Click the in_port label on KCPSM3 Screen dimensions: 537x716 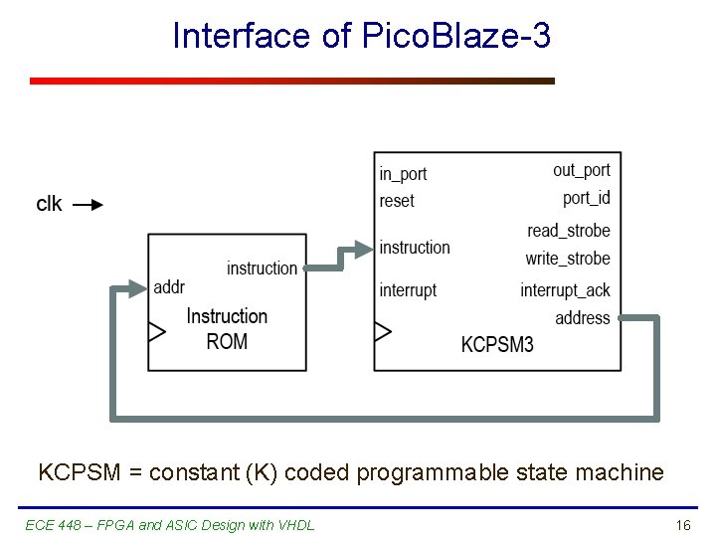[x=403, y=174]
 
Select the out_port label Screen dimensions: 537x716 [x=582, y=171]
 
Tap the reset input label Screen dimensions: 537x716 [x=397, y=201]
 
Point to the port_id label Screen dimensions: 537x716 [x=587, y=198]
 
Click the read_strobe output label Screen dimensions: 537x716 [x=569, y=231]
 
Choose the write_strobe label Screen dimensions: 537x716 [x=568, y=259]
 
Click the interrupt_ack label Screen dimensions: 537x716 [x=565, y=290]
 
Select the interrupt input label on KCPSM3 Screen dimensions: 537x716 [x=408, y=290]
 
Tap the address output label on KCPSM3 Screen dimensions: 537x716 [x=583, y=318]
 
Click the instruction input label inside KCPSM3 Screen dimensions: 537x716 [x=415, y=248]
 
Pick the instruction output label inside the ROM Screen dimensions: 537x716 [x=262, y=268]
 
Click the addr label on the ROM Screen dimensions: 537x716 [x=170, y=287]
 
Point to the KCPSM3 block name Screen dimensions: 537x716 [x=497, y=345]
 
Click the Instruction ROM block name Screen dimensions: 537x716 [x=227, y=328]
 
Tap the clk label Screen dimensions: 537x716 [x=50, y=204]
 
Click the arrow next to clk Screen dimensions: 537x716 [x=89, y=206]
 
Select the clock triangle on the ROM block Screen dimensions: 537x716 [x=156, y=332]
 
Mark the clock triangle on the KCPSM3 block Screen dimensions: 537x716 [x=382, y=332]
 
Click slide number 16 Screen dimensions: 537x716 [x=683, y=525]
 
